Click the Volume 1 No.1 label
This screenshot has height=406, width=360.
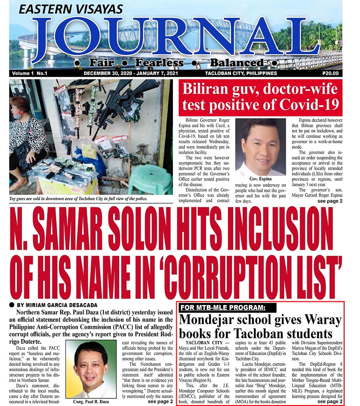[29, 73]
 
